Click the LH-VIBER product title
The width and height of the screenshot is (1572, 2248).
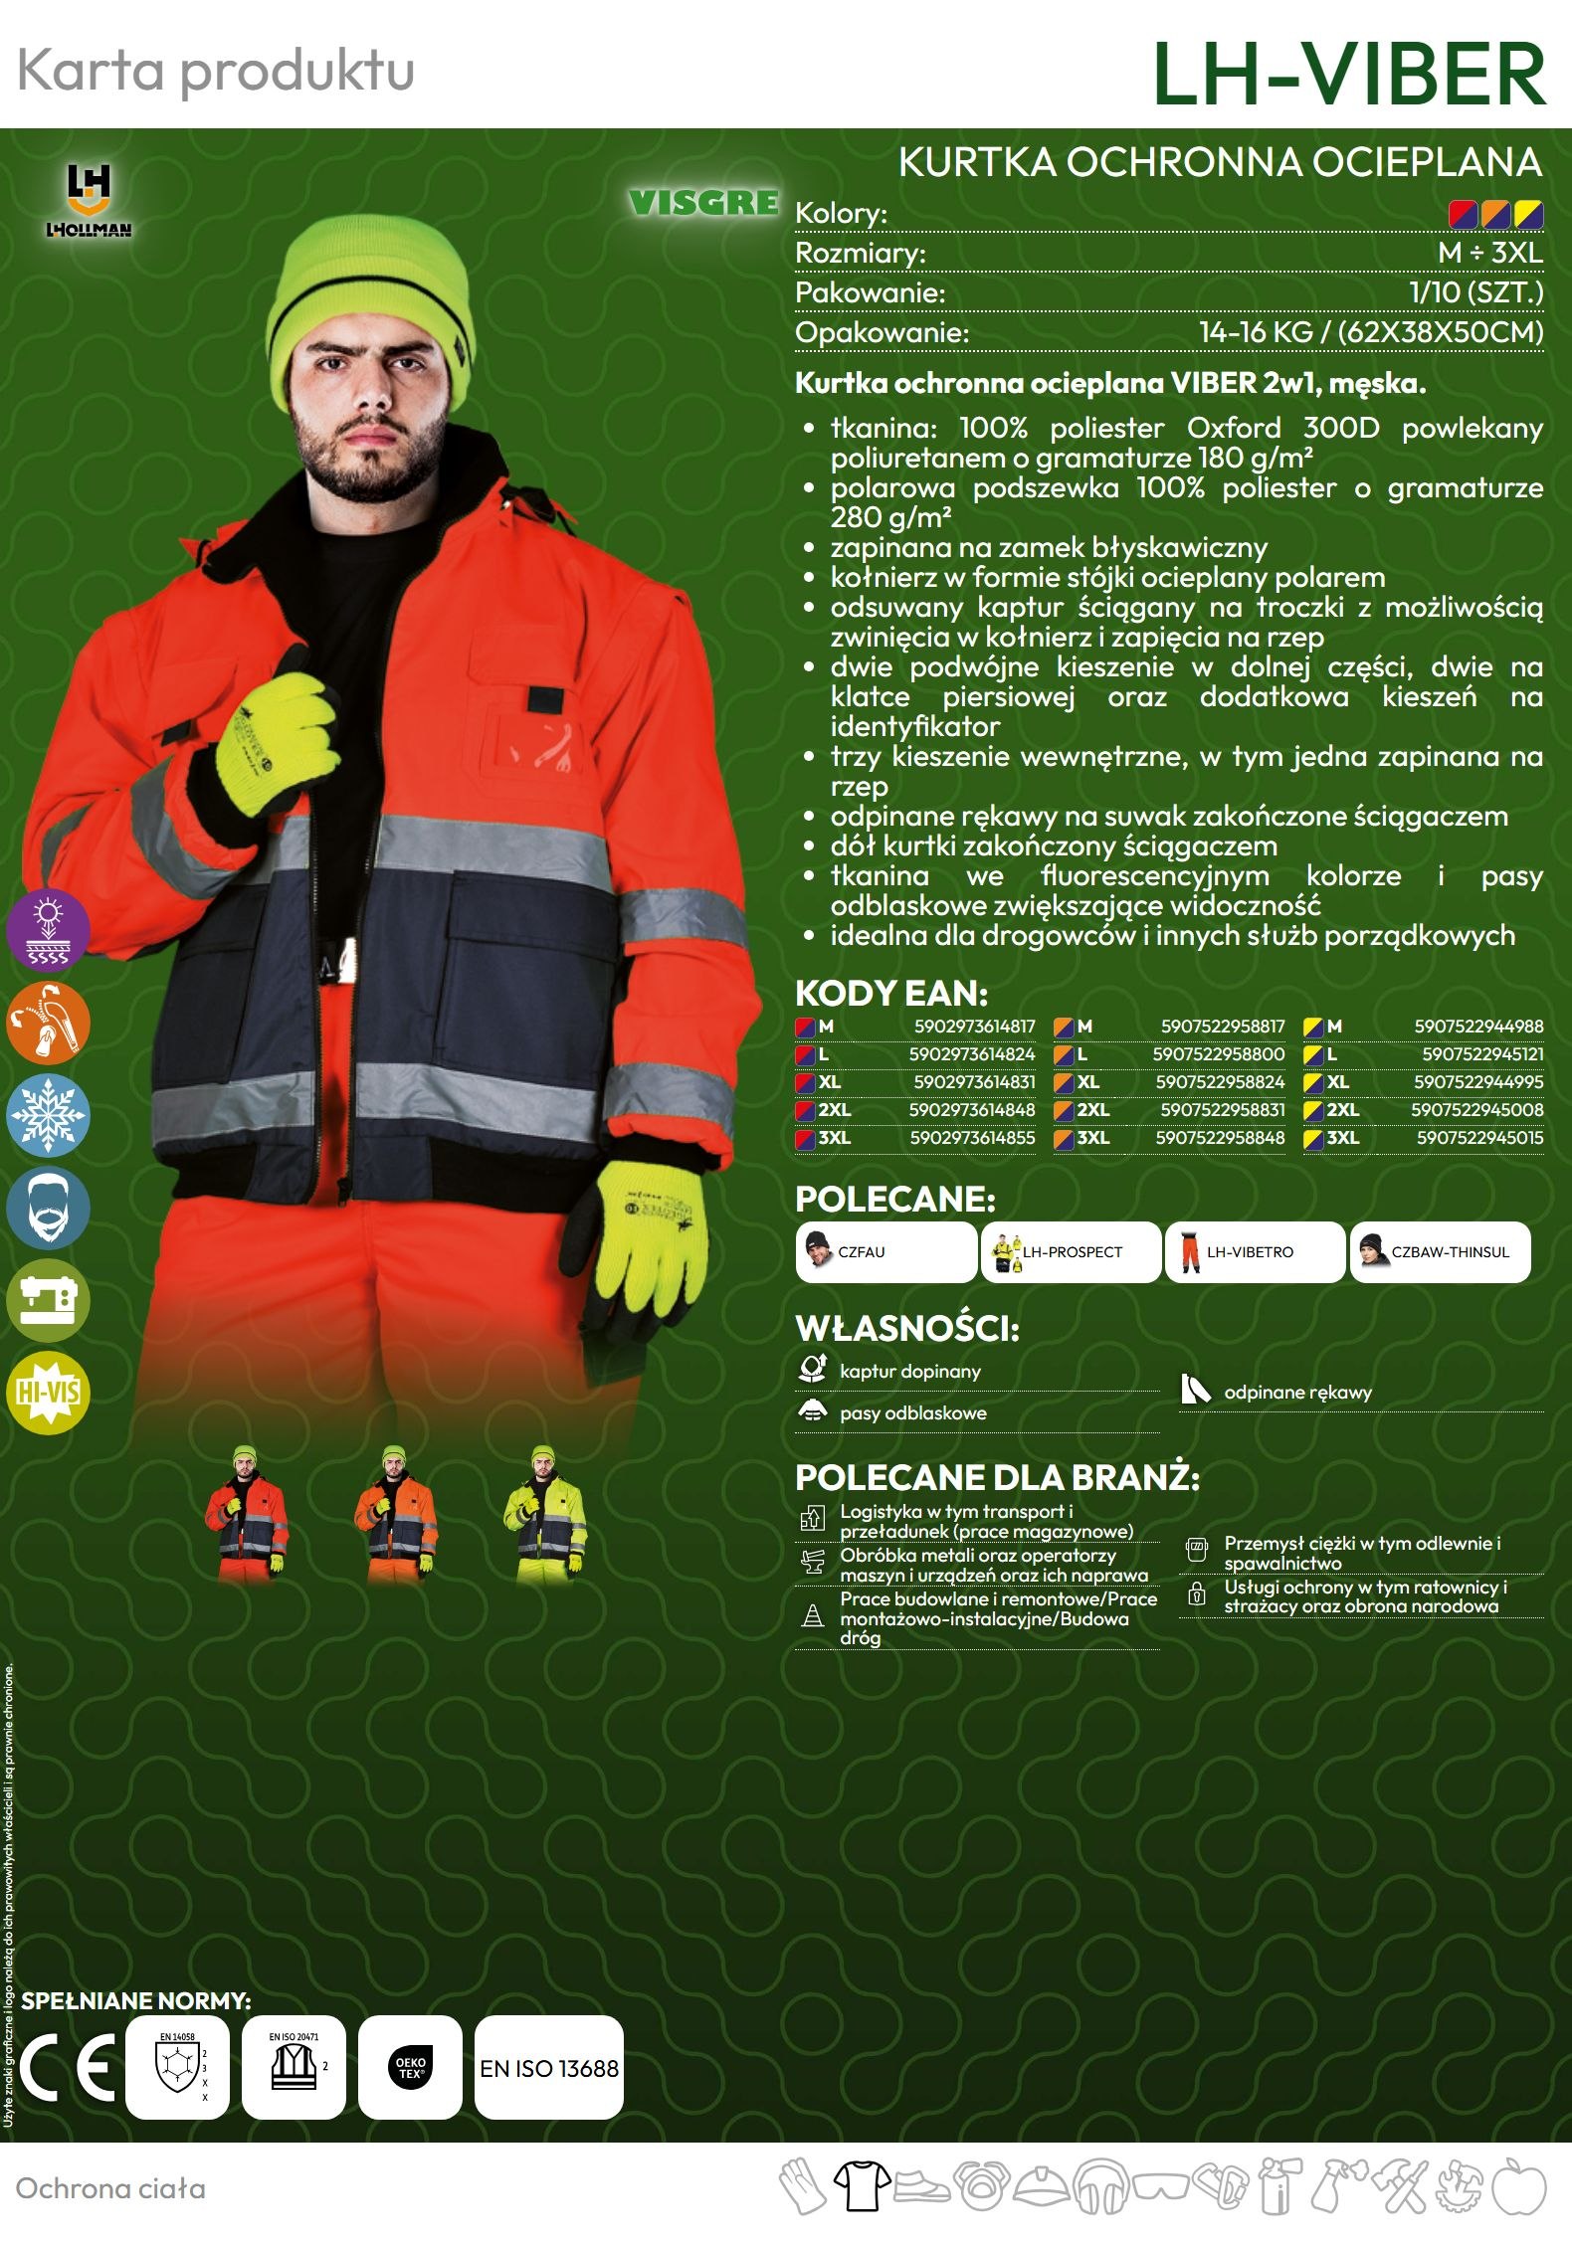tap(1348, 74)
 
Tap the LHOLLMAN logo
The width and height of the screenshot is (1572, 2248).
tap(89, 200)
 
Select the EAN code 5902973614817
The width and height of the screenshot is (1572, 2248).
tap(974, 1026)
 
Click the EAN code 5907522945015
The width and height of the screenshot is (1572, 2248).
tap(1479, 1137)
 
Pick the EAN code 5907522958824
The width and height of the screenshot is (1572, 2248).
tap(1220, 1081)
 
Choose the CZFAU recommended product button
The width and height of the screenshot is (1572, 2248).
tap(885, 1251)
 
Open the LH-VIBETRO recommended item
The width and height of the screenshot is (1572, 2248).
tap(1254, 1251)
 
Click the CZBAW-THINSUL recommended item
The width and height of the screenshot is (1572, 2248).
tap(1439, 1251)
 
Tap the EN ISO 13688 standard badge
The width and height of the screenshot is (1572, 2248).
tap(549, 2068)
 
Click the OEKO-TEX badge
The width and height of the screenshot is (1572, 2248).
tap(410, 2068)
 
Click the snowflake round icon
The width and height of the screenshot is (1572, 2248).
tap(48, 1114)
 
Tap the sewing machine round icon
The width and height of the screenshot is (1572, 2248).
tap(48, 1300)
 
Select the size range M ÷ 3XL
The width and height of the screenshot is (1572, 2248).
tap(1489, 253)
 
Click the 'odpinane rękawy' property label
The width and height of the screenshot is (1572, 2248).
tap(1297, 1393)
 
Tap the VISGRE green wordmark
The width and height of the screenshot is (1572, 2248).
tap(703, 203)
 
